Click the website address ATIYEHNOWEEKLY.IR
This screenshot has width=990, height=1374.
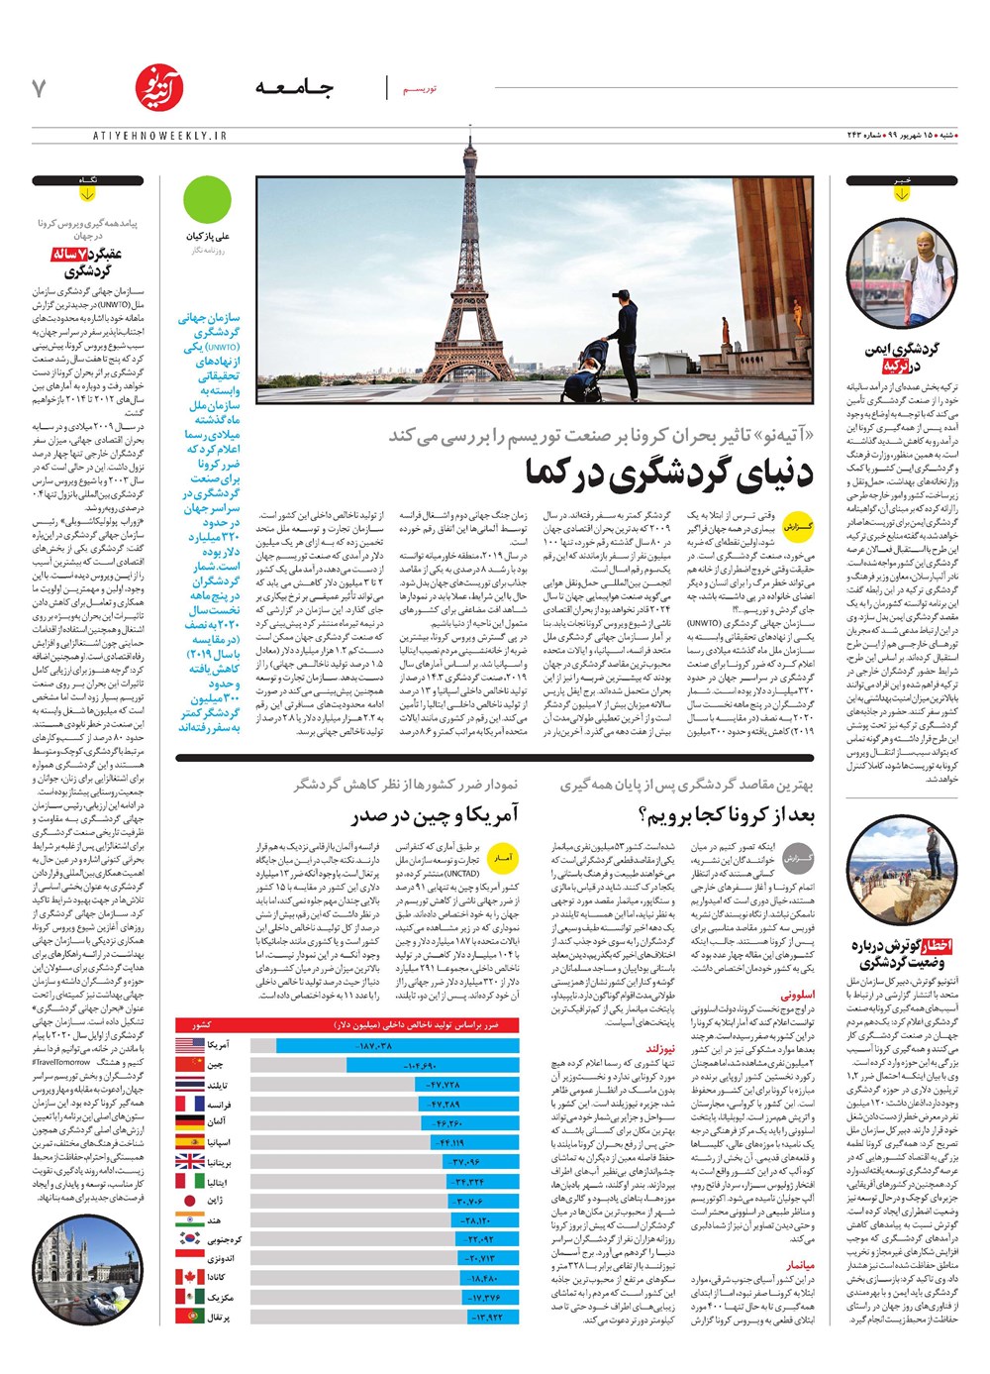coord(148,135)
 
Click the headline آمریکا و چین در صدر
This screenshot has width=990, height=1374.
coord(435,815)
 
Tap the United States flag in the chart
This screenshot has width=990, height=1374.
coord(190,1045)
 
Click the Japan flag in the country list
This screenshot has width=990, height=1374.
coord(190,1200)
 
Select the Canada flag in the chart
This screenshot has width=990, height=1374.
coord(190,1277)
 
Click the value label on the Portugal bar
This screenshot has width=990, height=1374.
coord(485,1317)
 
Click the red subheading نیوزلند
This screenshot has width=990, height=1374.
coord(660,1047)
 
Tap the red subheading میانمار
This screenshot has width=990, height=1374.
coord(800,1265)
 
